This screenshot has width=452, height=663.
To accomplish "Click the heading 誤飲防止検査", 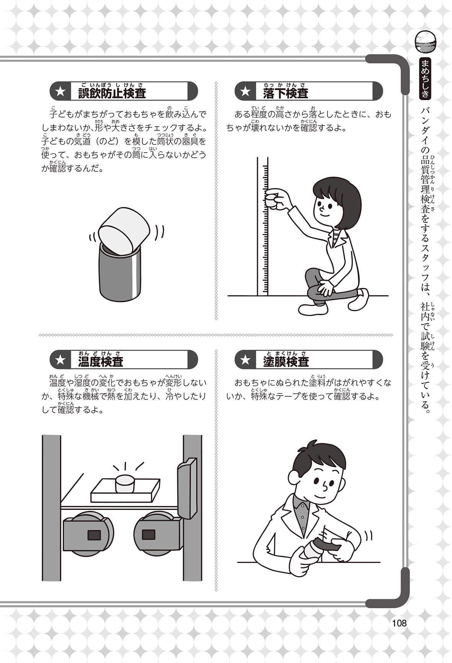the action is [x=112, y=93].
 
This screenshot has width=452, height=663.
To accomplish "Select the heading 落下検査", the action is [x=286, y=93].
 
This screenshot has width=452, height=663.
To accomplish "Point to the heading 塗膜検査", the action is [x=286, y=361].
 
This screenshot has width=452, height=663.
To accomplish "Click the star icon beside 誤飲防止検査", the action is [x=60, y=92].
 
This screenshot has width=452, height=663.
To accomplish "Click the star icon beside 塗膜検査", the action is [x=245, y=360].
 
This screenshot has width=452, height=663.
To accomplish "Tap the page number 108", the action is [x=399, y=623].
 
